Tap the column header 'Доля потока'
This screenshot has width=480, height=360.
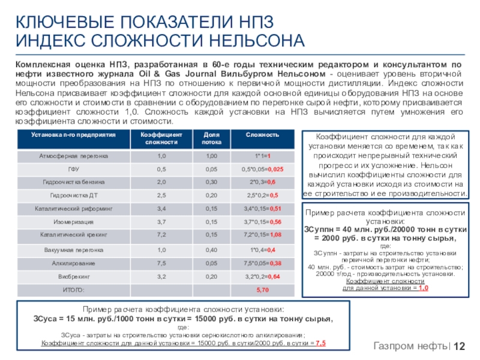(x=211, y=138)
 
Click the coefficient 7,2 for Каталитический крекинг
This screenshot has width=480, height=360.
(x=161, y=235)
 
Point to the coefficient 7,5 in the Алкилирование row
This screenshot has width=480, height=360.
(x=161, y=263)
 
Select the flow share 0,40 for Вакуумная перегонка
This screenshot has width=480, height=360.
(x=211, y=250)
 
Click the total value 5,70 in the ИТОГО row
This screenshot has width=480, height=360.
(x=263, y=290)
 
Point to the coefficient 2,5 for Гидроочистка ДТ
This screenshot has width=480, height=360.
(x=161, y=195)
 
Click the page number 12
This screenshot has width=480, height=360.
(x=460, y=347)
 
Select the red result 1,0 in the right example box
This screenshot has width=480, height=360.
(x=423, y=288)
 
